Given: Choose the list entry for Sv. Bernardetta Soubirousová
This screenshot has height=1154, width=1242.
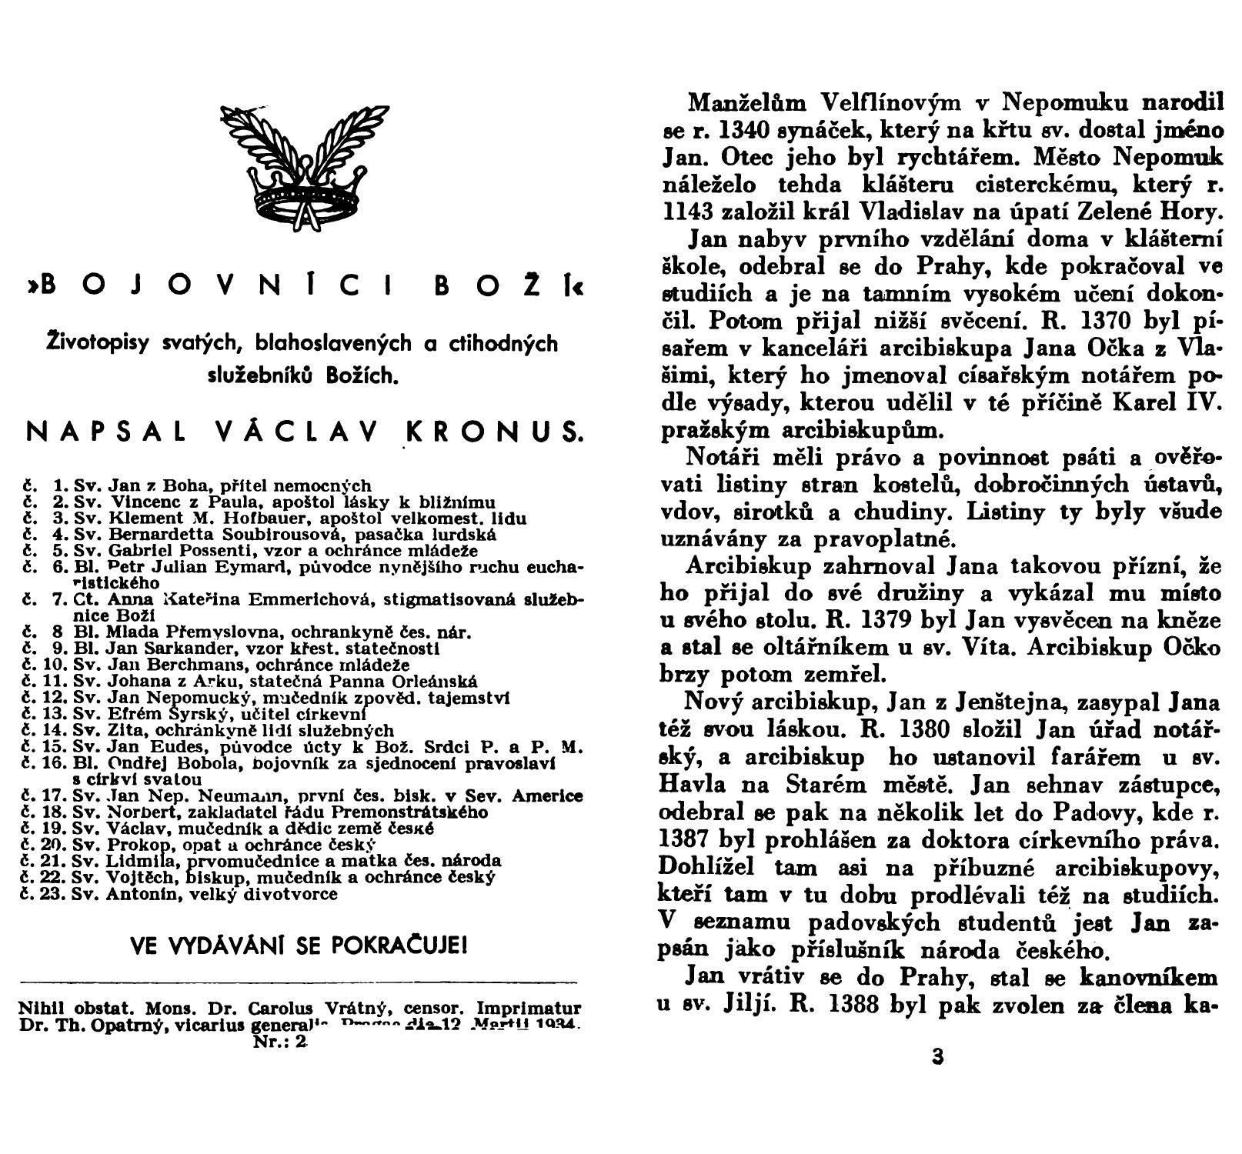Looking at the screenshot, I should click(260, 534).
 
